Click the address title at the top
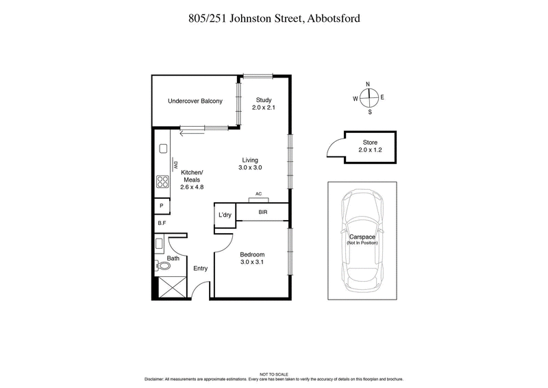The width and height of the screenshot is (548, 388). (274, 19)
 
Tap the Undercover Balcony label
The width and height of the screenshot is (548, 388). (195, 101)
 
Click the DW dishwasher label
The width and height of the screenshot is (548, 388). (175, 165)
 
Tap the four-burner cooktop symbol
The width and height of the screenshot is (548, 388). (163, 182)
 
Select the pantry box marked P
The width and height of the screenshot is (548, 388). (162, 206)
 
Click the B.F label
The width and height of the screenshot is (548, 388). (162, 223)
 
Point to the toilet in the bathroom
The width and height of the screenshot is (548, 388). (165, 266)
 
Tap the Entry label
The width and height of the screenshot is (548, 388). (200, 269)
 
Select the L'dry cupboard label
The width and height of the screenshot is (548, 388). (225, 215)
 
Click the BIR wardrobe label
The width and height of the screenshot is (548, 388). (262, 213)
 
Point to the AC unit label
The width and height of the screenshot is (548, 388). (258, 194)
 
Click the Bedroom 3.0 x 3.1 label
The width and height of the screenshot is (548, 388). (252, 258)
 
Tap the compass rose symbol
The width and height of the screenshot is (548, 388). (369, 97)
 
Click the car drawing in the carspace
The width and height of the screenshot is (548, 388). (364, 240)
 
